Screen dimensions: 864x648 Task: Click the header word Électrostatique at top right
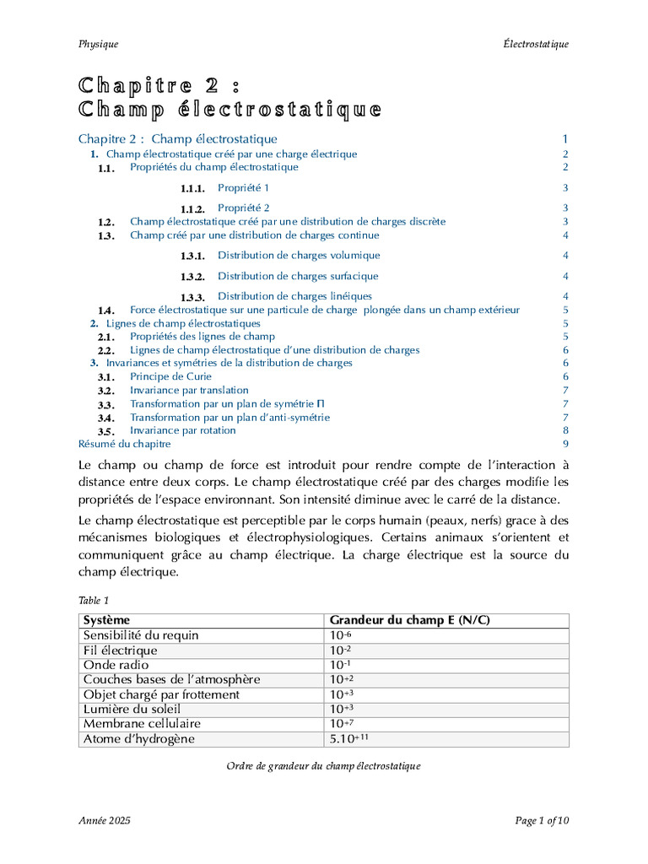533,44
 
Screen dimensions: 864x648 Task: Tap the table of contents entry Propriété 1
243,187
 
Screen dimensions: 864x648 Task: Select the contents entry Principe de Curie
170,376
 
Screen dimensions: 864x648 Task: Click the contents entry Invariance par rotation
182,430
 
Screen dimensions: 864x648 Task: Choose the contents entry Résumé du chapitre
124,444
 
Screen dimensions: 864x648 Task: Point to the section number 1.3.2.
192,277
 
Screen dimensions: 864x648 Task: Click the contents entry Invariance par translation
189,390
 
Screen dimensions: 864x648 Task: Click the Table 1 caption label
94,601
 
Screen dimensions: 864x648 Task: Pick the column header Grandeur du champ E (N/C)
410,621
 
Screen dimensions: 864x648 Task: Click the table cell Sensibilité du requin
141,635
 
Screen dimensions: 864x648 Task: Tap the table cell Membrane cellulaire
142,724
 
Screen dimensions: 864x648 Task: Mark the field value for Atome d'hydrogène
350,739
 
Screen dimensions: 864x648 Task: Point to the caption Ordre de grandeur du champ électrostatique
323,766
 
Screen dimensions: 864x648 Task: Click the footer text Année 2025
105,820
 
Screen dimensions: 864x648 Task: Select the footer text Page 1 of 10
542,820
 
